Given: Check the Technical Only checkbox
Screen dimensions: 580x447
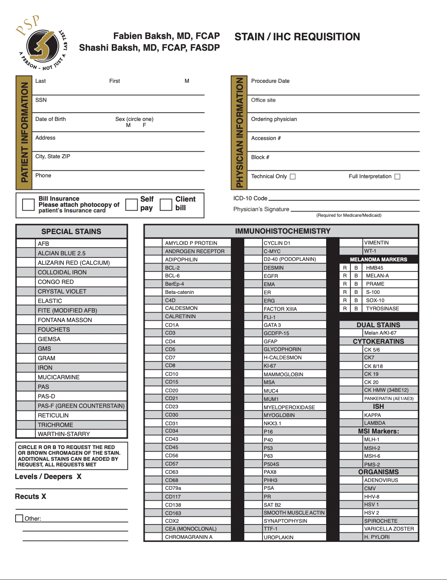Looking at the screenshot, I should pos(293,176).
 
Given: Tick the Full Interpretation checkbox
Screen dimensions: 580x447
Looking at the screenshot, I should pos(398,176).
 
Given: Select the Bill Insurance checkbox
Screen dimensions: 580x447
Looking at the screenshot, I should pos(28,205).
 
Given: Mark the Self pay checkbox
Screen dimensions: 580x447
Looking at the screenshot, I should pos(131,205).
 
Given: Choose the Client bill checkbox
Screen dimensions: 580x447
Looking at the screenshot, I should pos(166,205).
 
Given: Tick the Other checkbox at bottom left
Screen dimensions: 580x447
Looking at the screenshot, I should pos(19,518).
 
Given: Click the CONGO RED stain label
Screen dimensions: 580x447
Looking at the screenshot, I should pos(55,282).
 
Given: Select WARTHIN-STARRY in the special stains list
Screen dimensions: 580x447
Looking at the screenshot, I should pos(64,434).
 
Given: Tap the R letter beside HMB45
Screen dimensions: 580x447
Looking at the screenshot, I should pos(345,268).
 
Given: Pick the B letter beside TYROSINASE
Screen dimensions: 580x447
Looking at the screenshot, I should pos(356,309).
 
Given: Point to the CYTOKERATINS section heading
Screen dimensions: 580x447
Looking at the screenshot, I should pos(378,341).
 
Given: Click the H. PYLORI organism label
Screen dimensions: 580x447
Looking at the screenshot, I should pos(377,537).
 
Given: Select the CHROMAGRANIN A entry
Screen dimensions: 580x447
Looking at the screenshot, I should pos(188,537).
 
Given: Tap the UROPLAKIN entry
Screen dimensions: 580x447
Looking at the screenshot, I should pos(279,537).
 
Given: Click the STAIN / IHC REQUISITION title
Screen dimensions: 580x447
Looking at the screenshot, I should pos(297,37).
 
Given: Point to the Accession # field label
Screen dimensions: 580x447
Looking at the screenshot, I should pos(266,138).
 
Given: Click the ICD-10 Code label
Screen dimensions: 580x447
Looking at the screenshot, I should pos(250,198).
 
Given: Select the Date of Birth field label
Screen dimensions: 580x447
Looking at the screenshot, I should pos(51,119).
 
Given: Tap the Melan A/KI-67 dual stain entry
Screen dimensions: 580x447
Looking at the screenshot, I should pos(380,333).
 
